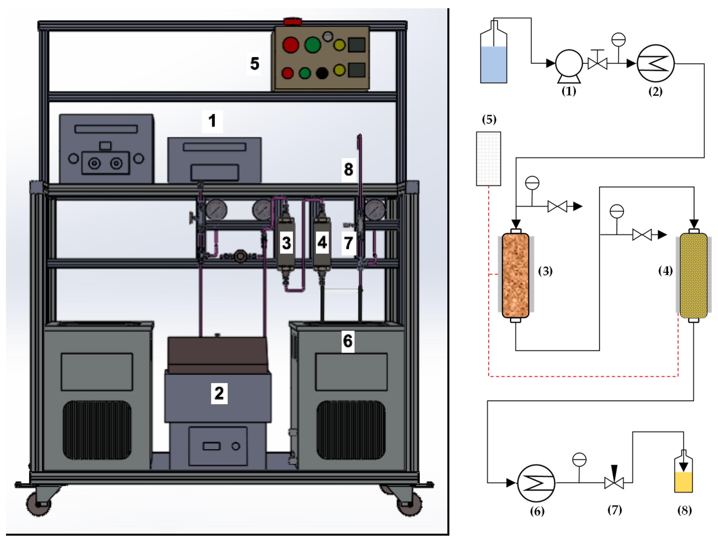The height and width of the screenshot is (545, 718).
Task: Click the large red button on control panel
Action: pos(290,45)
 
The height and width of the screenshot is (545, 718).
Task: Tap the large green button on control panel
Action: pos(312,45)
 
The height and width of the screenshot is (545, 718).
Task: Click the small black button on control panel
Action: pos(322,73)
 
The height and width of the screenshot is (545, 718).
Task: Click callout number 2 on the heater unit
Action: pos(219,393)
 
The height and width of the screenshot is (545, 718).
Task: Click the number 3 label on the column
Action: pos(286,243)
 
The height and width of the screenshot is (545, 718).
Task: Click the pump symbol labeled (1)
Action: pos(569,64)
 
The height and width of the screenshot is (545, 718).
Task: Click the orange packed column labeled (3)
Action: pos(516,275)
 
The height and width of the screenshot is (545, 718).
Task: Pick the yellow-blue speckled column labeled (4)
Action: pos(693,275)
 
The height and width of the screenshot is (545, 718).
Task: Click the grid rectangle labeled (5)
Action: pos(488,158)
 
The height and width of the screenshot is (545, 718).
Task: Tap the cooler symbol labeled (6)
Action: pos(536,483)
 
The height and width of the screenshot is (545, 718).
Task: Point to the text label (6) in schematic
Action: pos(537,512)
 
